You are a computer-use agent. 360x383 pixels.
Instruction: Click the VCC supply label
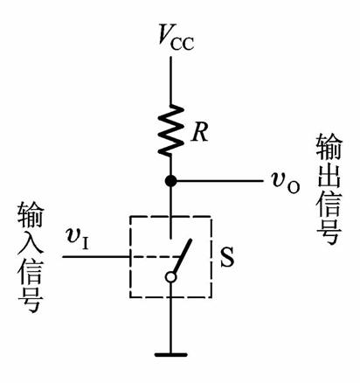click(x=176, y=38)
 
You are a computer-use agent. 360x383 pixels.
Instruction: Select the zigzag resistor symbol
click(x=170, y=129)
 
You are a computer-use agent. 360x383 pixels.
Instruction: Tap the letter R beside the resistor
click(x=200, y=133)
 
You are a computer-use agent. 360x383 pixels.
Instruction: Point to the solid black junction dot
click(x=170, y=181)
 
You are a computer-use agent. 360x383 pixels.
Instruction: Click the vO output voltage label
click(x=286, y=184)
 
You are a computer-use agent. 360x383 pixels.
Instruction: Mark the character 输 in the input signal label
click(x=31, y=216)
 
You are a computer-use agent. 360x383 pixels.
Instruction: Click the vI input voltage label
click(x=78, y=239)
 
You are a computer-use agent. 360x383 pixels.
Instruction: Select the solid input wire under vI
click(x=96, y=257)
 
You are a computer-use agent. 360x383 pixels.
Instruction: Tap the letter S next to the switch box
click(x=227, y=257)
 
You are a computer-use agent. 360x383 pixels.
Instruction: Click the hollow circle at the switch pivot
click(x=170, y=277)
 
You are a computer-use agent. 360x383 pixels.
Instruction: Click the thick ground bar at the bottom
click(x=170, y=355)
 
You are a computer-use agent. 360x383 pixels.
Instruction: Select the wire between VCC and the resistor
click(x=170, y=80)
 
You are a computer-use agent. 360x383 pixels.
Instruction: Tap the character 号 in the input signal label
click(x=31, y=300)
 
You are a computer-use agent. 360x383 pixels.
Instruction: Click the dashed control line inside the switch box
click(x=155, y=257)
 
